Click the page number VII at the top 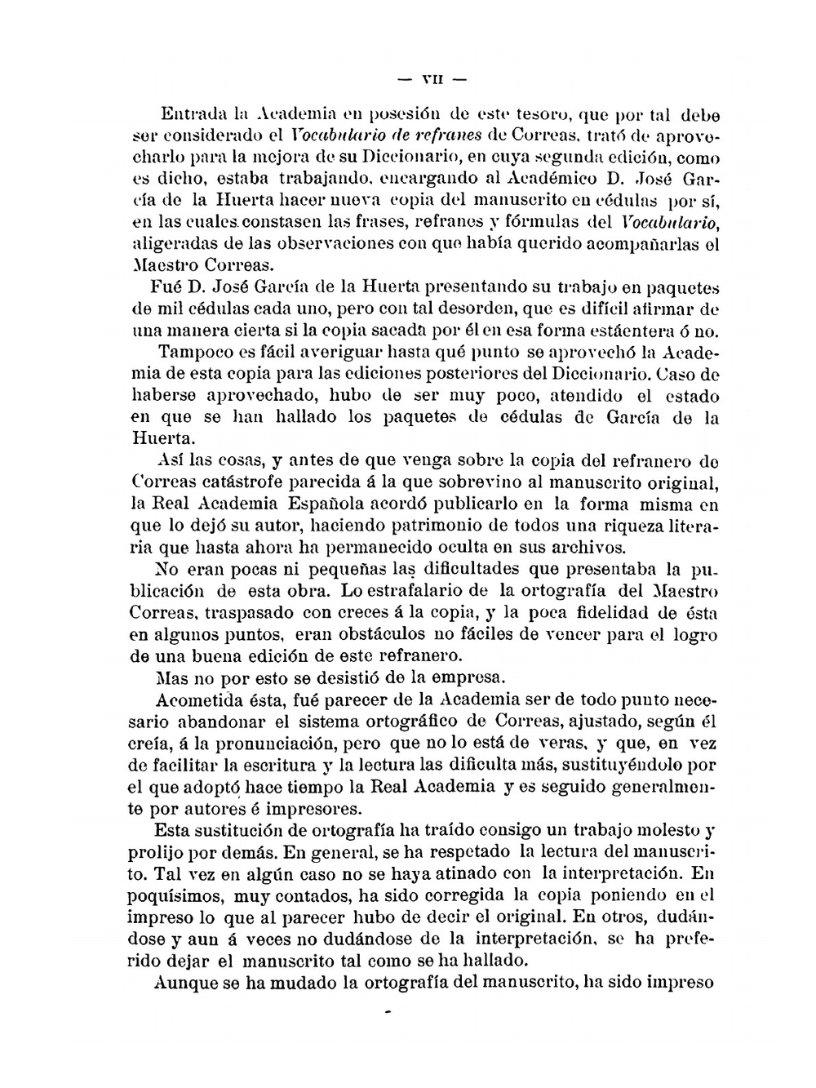tap(431, 80)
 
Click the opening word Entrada tap(188, 113)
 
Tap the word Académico tap(559, 177)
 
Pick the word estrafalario tap(424, 590)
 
